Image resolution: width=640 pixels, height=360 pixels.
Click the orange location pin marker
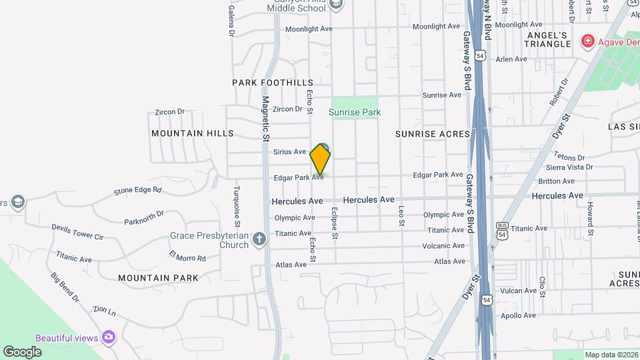(320, 159)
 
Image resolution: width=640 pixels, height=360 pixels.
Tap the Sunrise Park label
(355, 112)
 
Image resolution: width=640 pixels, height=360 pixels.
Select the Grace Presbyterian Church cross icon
(259, 238)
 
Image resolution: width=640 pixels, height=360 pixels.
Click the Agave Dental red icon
(587, 41)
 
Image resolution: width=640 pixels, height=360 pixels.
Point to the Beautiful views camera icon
(109, 337)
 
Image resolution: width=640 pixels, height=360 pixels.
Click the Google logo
(22, 351)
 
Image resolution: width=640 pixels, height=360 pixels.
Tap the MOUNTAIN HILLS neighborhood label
(193, 133)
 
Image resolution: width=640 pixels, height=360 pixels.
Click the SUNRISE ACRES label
(432, 134)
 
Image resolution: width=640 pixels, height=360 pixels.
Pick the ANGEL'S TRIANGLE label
(549, 39)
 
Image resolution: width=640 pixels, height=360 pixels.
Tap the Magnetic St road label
(265, 113)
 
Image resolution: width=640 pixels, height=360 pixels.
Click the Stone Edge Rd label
(137, 190)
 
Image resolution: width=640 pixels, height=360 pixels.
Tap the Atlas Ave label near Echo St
(291, 265)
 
